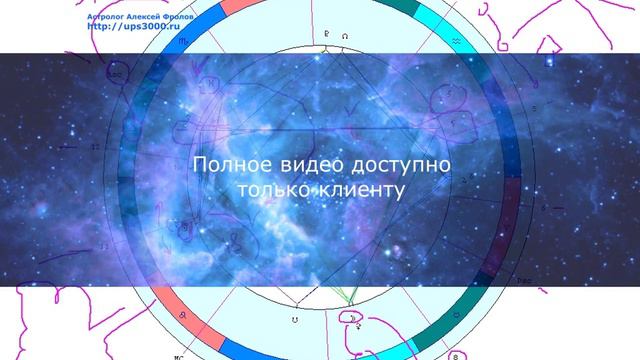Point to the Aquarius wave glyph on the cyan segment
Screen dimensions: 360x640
(x=456, y=39)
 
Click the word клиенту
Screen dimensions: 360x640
(x=360, y=189)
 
